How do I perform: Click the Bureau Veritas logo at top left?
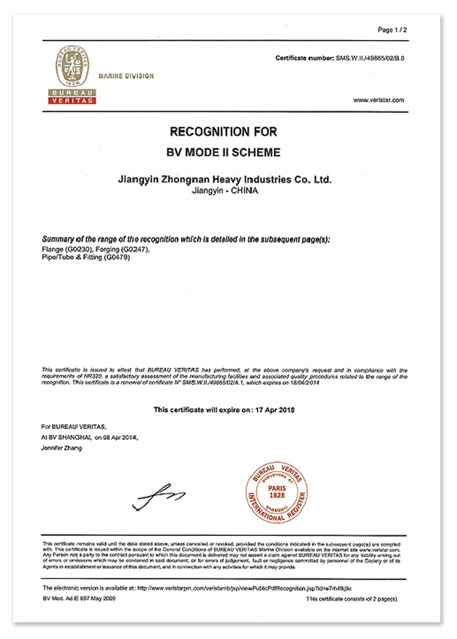(x=72, y=75)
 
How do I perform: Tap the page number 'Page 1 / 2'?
(x=392, y=30)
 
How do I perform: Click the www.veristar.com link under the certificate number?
(x=378, y=100)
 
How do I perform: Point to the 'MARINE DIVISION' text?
(x=126, y=76)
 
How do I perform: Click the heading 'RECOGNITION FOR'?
(x=224, y=132)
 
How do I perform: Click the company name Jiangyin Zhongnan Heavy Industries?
(x=224, y=180)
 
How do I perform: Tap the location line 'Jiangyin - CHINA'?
(x=224, y=190)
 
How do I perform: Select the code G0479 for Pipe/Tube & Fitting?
(x=118, y=258)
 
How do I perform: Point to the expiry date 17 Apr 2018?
(x=274, y=410)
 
